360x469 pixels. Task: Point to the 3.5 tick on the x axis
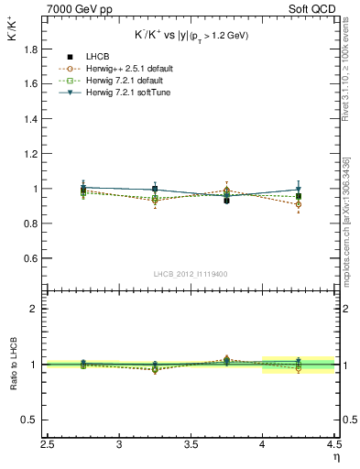pos(191,444)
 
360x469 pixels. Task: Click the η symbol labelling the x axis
pos(335,458)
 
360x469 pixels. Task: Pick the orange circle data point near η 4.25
pos(298,204)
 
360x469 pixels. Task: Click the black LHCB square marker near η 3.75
pos(226,200)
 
